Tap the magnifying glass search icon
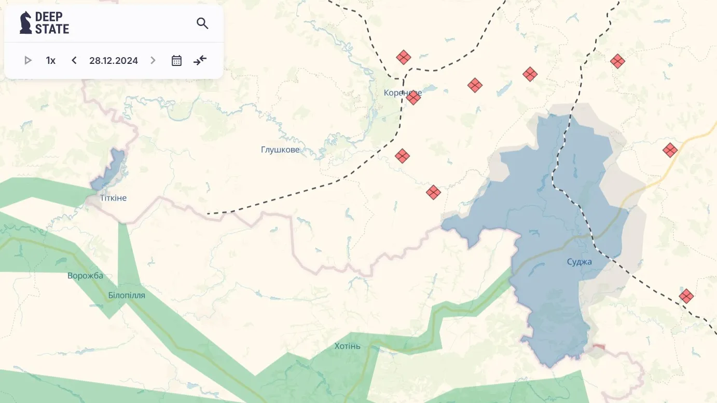point(202,23)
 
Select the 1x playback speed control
point(50,60)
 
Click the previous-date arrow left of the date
point(74,60)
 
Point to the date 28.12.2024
point(114,60)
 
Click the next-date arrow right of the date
point(153,60)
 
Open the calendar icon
point(176,60)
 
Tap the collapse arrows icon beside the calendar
point(200,60)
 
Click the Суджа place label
point(580,262)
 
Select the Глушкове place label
point(280,150)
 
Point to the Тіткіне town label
point(114,198)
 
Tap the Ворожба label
point(86,276)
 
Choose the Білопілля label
point(127,295)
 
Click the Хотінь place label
point(348,346)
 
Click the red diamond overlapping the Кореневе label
point(413,97)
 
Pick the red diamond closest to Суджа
point(686,297)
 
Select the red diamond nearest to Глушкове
point(402,155)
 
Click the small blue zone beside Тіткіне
point(109,169)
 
